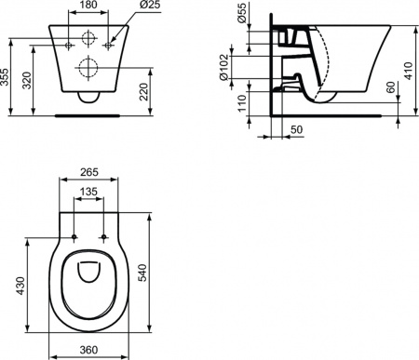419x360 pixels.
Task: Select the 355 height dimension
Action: click(x=7, y=76)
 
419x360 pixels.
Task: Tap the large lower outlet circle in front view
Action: click(x=89, y=67)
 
